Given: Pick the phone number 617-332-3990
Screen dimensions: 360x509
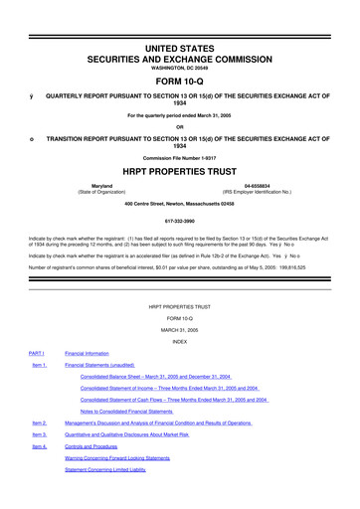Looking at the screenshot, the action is (x=180, y=224).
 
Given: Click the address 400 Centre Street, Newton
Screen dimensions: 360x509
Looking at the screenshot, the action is (x=180, y=204).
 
